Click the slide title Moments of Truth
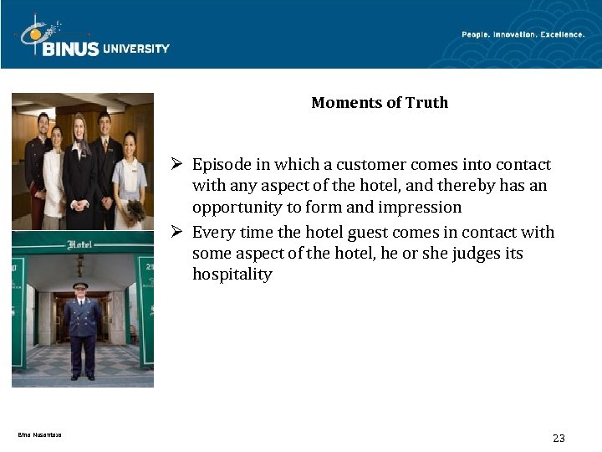tap(380, 103)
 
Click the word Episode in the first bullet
tap(219, 165)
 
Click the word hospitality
tap(232, 275)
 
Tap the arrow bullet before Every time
tap(179, 232)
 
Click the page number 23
tap(559, 438)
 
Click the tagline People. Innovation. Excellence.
tap(523, 34)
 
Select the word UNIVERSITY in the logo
tap(135, 49)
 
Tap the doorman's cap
tap(80, 285)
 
